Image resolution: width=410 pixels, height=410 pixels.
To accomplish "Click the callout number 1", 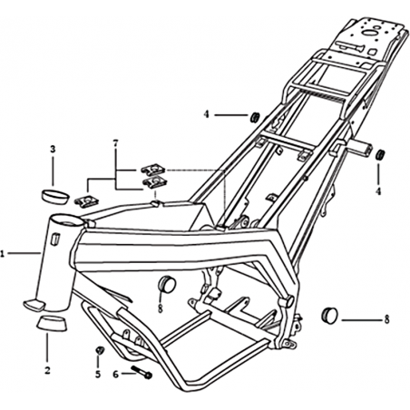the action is [x=3, y=254].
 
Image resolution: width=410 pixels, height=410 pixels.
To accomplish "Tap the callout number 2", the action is [x=47, y=370].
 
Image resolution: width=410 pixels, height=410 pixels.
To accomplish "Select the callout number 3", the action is [x=53, y=149].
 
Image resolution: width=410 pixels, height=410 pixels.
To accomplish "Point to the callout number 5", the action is [x=98, y=375].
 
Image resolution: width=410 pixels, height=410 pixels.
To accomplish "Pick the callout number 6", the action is [x=116, y=375].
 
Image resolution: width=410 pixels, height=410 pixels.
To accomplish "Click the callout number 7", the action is [x=115, y=143].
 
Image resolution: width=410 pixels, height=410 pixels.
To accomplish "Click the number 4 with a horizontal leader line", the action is [x=206, y=114].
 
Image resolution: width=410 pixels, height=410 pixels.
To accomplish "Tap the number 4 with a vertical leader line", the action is [x=378, y=191].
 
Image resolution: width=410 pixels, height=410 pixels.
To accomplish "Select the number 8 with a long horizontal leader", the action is [x=386, y=319].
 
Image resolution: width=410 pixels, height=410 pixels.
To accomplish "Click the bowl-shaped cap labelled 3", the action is [x=54, y=197].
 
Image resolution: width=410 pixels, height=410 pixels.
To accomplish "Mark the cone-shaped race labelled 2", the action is [x=52, y=323].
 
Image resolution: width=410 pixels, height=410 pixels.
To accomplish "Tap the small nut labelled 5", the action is [x=100, y=350].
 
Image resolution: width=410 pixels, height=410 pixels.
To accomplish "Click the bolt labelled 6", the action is [x=142, y=372].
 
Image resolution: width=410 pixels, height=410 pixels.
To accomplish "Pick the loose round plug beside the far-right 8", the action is [x=328, y=315].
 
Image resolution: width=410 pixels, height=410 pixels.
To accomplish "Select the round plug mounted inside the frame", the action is [x=167, y=284].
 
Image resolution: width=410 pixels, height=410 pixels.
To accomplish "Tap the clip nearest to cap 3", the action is [x=86, y=201].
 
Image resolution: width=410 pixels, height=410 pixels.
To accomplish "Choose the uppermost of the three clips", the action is [x=152, y=170].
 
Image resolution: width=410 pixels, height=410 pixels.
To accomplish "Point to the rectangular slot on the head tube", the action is [x=54, y=239].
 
